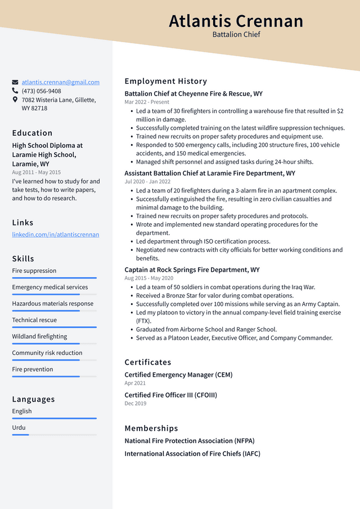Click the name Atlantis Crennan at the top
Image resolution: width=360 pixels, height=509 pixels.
coord(236,21)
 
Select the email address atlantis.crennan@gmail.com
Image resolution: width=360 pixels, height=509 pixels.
coord(61,82)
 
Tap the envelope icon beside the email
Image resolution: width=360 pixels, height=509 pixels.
coord(15,82)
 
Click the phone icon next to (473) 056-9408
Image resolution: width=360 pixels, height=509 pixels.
coord(15,91)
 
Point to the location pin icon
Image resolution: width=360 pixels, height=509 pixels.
coord(15,100)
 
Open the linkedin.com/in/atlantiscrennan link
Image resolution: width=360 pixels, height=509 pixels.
coord(56,235)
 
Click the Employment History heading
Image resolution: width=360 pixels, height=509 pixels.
coord(166,81)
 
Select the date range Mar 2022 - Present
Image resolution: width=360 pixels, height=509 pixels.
coord(147,102)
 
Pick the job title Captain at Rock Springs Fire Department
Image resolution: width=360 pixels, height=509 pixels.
coord(192,270)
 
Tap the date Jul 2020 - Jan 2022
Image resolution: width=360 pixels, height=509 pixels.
coord(147,182)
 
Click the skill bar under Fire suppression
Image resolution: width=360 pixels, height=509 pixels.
coord(54,278)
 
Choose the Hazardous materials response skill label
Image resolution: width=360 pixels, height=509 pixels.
coord(53,304)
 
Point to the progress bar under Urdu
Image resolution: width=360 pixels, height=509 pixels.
coord(21,435)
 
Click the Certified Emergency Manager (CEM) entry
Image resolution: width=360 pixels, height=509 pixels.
coord(178,375)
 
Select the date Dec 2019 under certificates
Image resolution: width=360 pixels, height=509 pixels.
coord(136,403)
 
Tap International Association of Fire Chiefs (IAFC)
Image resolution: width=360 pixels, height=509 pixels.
coord(192,454)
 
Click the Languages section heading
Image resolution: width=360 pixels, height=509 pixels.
coord(34,399)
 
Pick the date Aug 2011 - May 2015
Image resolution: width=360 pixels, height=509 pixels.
coord(37,173)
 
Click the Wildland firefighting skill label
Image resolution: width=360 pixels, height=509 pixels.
coord(39,336)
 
